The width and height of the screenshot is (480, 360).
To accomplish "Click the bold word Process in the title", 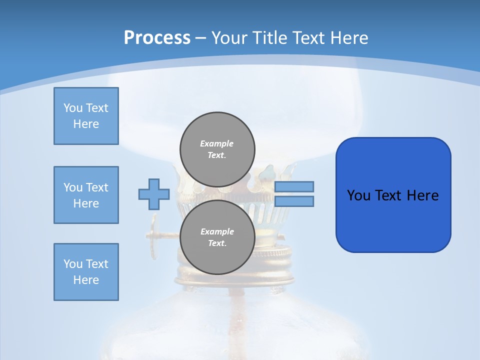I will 157,38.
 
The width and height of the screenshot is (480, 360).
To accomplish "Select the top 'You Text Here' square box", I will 86,116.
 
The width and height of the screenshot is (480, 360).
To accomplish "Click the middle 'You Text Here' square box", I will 86,195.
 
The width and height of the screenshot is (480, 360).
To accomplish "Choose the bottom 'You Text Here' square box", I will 86,272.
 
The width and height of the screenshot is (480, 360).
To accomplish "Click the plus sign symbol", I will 154,194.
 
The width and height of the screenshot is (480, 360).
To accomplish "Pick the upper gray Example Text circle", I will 217,149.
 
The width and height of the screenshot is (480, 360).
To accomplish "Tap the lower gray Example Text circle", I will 217,237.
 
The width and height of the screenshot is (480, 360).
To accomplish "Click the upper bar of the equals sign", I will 294,186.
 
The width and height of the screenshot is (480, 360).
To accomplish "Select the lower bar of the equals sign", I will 294,201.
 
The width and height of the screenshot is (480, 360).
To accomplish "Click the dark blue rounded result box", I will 393,195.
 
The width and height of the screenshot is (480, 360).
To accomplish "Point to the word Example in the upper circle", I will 217,143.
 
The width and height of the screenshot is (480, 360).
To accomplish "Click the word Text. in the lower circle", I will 217,243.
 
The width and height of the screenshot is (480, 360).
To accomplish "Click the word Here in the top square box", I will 86,124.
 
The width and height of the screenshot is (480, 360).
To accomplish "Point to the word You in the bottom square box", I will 73,264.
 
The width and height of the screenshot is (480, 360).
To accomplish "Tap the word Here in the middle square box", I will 86,203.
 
